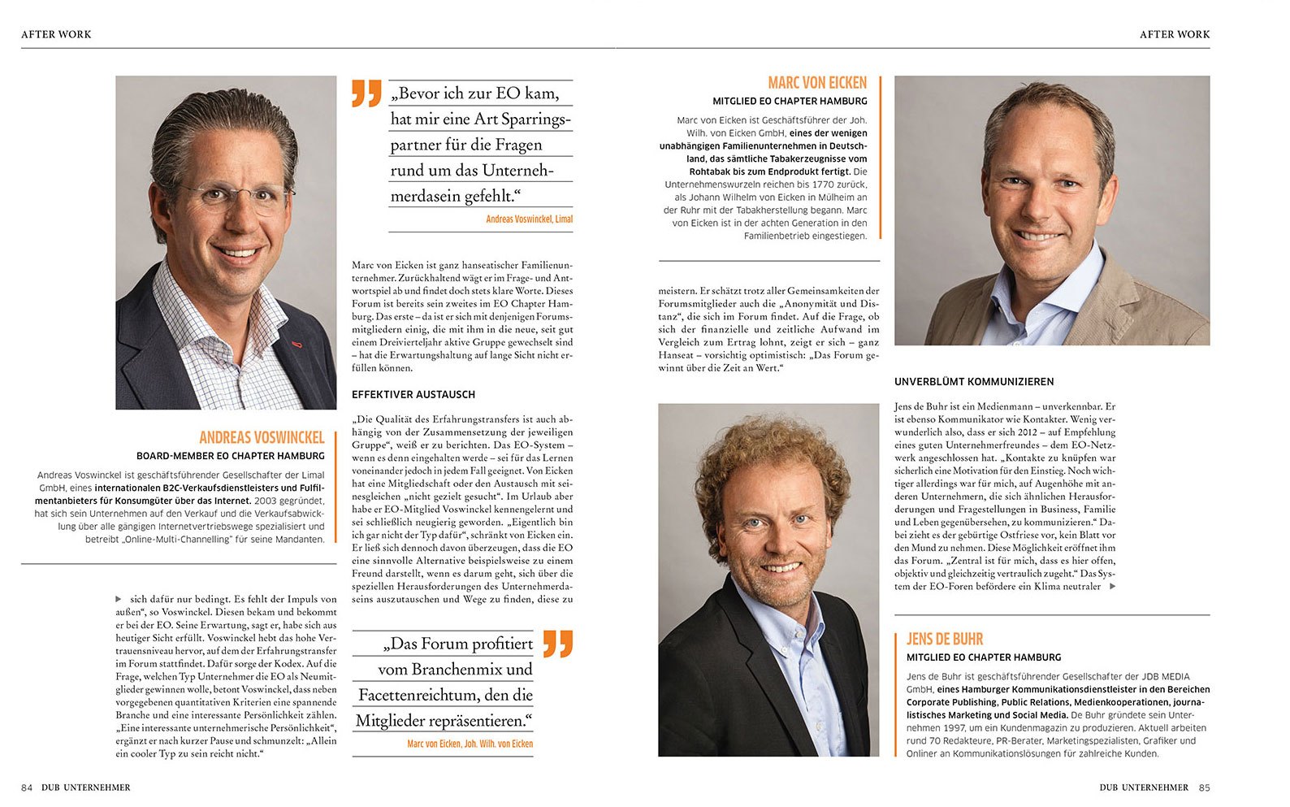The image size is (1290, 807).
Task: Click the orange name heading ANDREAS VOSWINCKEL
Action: (x=262, y=437)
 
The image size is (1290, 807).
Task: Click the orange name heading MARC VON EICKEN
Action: (x=817, y=83)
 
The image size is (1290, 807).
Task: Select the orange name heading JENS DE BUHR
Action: (x=945, y=639)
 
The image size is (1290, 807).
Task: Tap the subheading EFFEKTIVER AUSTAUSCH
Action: (x=413, y=394)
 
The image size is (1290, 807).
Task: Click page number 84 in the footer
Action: (x=27, y=787)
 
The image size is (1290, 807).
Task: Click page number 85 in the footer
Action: (x=1204, y=787)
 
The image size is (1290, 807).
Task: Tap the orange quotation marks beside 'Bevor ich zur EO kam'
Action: (x=367, y=93)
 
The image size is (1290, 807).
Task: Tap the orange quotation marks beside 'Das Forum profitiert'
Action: (x=558, y=643)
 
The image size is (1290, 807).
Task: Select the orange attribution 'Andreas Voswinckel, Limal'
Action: (x=529, y=219)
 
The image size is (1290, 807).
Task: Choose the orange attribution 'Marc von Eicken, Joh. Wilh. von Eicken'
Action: (x=470, y=744)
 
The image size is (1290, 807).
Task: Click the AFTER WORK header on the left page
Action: (x=56, y=34)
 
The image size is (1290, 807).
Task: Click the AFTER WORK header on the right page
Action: (x=1175, y=34)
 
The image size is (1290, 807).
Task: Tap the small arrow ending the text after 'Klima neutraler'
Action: (x=1112, y=586)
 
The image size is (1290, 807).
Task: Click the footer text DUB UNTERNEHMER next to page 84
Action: (x=86, y=787)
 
